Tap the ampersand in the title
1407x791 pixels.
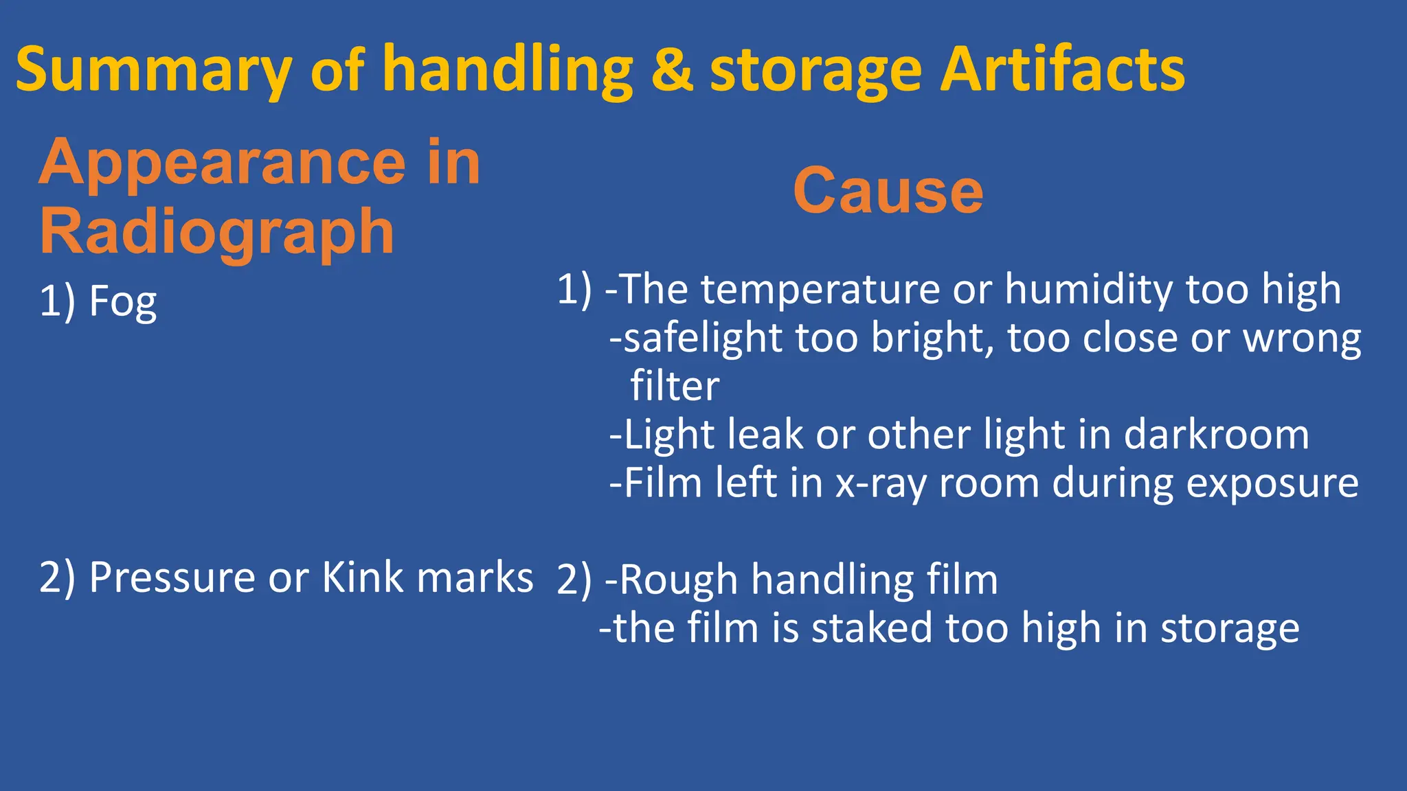point(672,69)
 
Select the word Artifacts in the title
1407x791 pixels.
point(1062,69)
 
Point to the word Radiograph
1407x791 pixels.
point(217,232)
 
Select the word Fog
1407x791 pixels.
point(123,302)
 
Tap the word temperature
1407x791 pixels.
point(820,289)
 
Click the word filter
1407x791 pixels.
point(675,386)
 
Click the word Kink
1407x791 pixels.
point(362,577)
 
